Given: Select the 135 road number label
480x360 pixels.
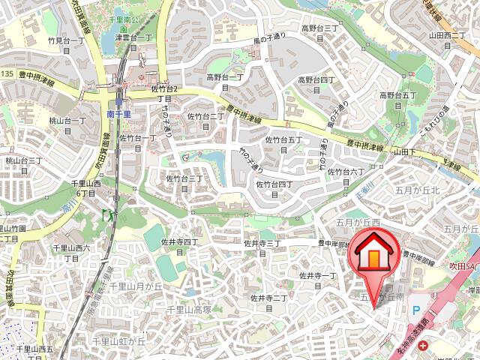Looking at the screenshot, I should tap(7, 73).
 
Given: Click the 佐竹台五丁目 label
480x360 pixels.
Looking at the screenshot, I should tap(283, 144).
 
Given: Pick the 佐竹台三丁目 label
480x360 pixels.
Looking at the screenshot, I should tap(184, 184).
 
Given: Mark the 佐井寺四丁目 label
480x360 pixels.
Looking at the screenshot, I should tap(179, 247).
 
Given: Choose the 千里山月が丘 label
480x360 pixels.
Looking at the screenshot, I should tap(136, 286).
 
